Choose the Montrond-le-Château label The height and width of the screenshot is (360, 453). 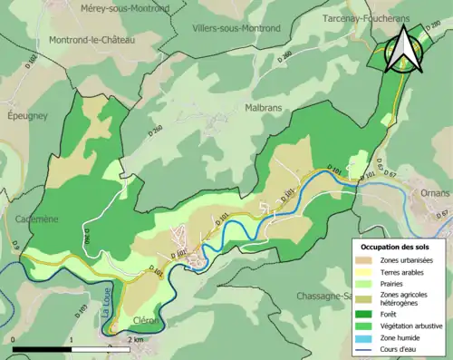pyautogui.click(x=92, y=40)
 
